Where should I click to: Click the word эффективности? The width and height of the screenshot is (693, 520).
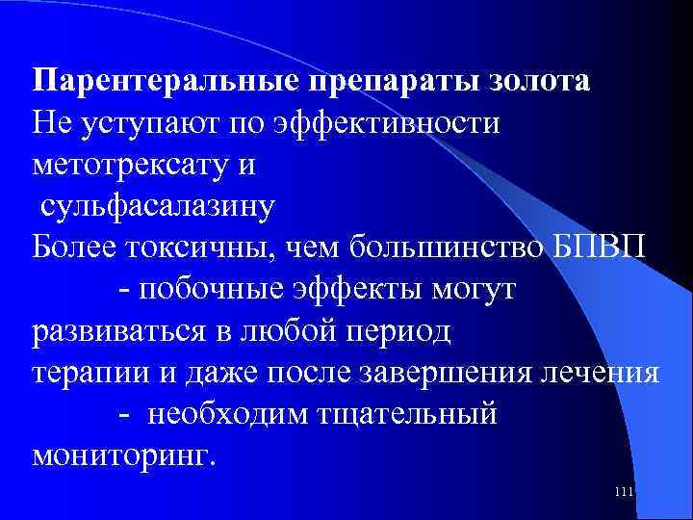click(387, 122)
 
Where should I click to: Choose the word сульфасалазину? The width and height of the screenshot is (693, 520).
click(158, 206)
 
